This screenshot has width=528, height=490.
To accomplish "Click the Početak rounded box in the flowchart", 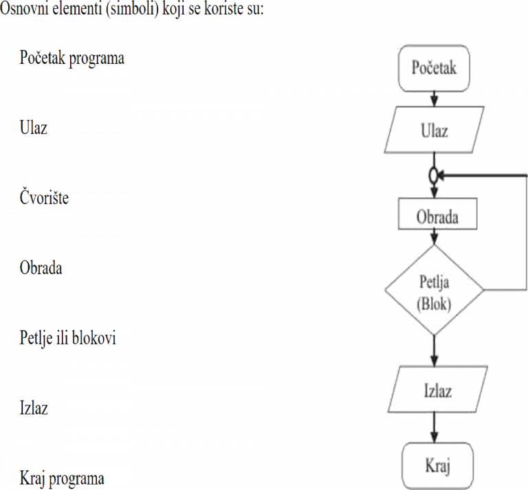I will (x=434, y=68).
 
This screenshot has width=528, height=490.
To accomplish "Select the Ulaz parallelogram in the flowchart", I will (x=434, y=131).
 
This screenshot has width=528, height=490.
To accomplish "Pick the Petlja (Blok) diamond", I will (x=434, y=291).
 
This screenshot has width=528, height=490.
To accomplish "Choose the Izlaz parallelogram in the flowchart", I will (x=437, y=392).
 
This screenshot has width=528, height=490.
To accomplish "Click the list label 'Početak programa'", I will (x=72, y=58).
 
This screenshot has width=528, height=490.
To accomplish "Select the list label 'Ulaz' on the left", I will (x=33, y=128).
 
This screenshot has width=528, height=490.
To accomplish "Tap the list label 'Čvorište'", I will (x=44, y=198).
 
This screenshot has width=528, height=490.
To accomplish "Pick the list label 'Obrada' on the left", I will (x=41, y=267).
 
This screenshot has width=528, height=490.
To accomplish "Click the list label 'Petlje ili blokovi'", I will (x=67, y=338).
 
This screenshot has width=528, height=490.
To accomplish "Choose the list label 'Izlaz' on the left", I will (x=33, y=408).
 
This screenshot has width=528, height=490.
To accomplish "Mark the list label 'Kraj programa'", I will (x=62, y=478).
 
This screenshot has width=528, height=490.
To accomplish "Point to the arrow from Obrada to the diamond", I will (x=434, y=238).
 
